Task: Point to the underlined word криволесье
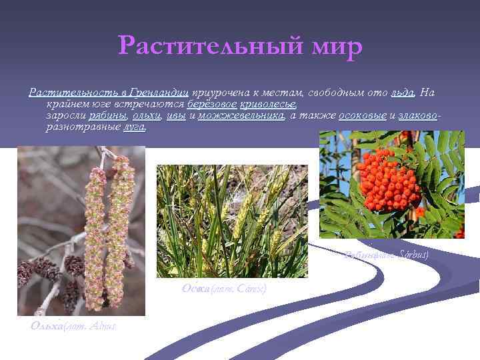pyautogui.click(x=268, y=105)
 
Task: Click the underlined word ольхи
pyautogui.click(x=146, y=116)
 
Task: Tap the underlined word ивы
pyautogui.click(x=176, y=116)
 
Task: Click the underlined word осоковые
pyautogui.click(x=362, y=116)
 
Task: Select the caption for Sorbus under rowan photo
pyautogui.click(x=387, y=254)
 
